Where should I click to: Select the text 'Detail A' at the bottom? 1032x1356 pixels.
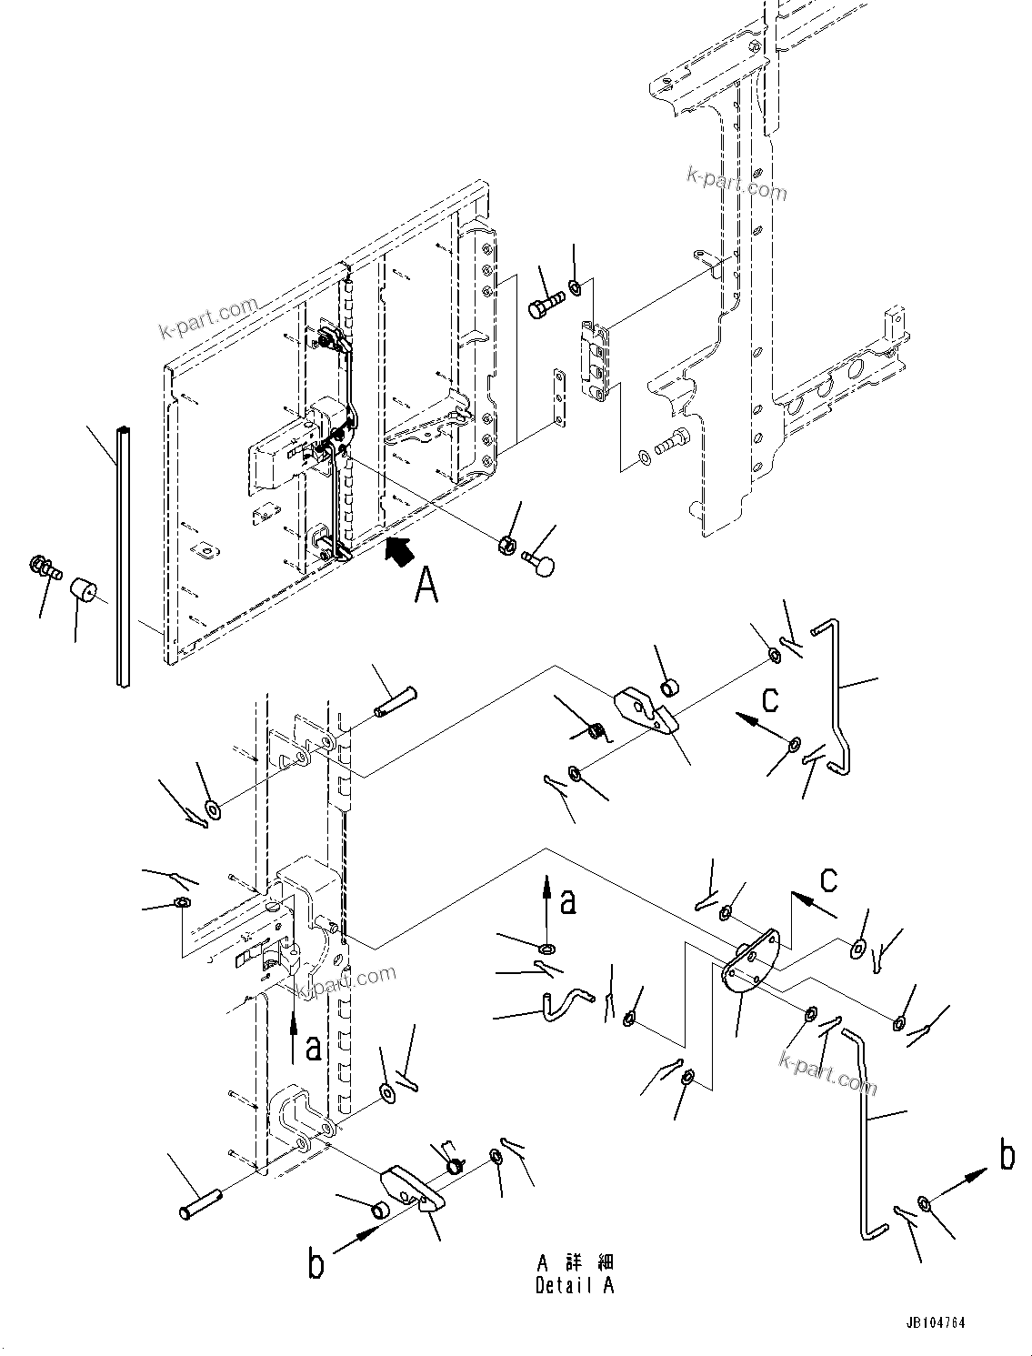click(574, 1285)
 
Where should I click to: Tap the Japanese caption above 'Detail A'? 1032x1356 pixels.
click(574, 1262)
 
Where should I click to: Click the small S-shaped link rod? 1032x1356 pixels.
click(563, 1003)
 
